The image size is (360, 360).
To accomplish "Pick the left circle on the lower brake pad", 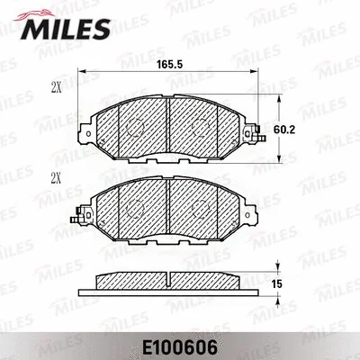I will click(x=137, y=209).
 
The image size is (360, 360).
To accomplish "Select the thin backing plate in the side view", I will click(x=171, y=290).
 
